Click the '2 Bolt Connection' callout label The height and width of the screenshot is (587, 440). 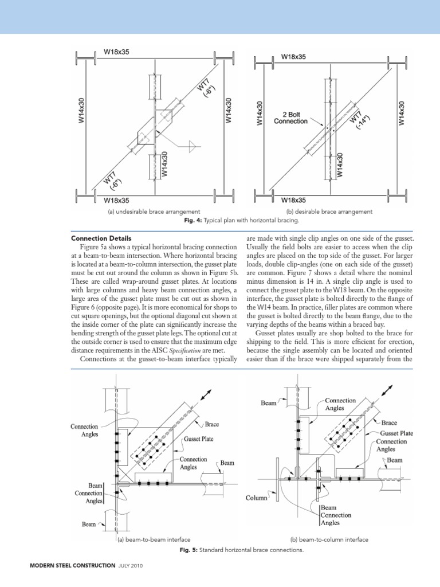tap(292, 117)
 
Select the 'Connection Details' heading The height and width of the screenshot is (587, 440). tap(101, 238)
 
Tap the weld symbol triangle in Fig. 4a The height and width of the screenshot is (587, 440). tap(193, 147)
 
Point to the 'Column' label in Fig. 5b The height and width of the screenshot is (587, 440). tap(256, 498)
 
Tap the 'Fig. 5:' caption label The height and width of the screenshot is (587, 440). tap(190, 550)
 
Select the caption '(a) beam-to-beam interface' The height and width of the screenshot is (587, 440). tap(154, 539)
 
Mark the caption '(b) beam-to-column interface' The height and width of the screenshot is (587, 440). tap(329, 539)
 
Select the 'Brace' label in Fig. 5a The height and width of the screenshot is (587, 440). tap(211, 425)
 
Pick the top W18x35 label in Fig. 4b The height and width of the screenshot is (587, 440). tap(293, 57)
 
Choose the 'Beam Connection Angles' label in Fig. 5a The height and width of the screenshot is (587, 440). tap(88, 493)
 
